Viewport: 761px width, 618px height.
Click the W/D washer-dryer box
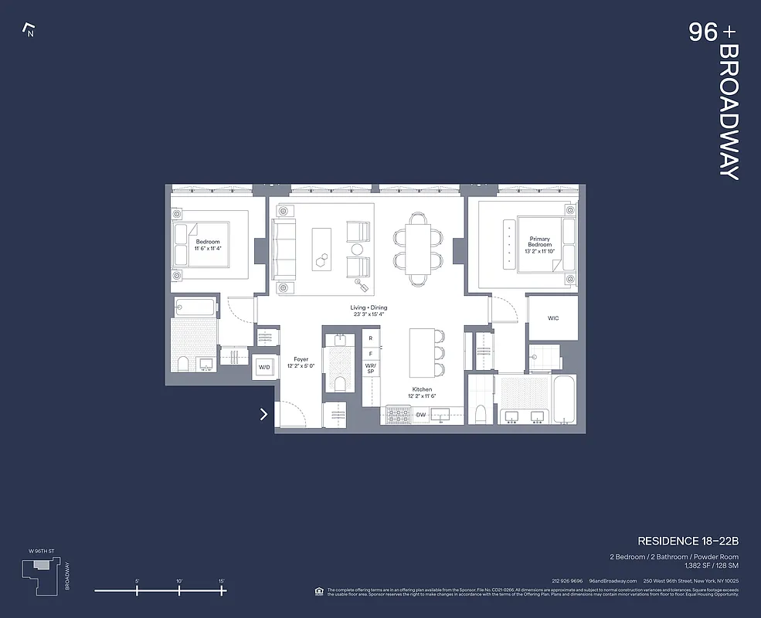[264, 367]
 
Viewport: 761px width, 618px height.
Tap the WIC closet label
[553, 317]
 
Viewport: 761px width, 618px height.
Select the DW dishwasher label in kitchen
[421, 416]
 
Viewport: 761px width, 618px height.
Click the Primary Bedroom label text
[540, 242]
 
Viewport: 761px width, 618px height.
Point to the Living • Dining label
[368, 311]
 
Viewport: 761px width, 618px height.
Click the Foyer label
[301, 362]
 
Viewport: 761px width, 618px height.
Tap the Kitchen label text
[422, 392]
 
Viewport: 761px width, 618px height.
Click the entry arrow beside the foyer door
[264, 414]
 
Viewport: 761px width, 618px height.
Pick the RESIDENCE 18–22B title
[688, 541]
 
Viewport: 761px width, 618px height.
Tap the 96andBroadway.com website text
[613, 581]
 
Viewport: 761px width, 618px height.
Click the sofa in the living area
[284, 250]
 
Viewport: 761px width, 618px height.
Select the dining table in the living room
[419, 249]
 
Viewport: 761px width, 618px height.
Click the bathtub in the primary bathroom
[563, 399]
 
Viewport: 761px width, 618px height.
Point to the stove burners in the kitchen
[398, 416]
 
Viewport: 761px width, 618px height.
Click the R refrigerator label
[371, 338]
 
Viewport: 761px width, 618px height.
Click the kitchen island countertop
[421, 354]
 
